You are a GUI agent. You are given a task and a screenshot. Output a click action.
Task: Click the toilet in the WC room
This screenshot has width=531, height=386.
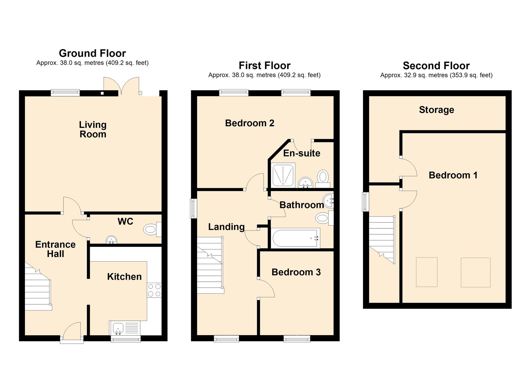pos(152,229)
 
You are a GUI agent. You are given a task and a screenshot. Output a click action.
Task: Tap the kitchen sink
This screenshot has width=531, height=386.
pos(118,328)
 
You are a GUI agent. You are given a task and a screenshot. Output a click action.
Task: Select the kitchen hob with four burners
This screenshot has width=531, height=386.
pos(154,290)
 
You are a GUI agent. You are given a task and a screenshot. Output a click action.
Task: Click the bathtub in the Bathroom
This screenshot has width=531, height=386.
pos(295,238)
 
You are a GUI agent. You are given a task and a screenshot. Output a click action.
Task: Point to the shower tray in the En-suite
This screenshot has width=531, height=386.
pos(283,175)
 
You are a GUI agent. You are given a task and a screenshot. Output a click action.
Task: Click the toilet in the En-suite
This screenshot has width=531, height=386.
pos(323,179)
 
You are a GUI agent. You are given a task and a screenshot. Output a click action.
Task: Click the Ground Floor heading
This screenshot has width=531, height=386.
pos(92,53)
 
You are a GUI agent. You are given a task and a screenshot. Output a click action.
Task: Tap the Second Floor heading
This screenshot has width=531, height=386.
pos(436,66)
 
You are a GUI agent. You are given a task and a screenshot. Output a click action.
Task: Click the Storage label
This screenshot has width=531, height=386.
pos(436,110)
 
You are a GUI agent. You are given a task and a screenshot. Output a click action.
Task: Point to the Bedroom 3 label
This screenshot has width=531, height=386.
pos(296,272)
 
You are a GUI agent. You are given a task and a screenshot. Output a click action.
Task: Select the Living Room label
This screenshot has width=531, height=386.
pos(93,129)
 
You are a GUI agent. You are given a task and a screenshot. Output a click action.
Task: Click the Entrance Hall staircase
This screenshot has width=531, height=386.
pos(38,287)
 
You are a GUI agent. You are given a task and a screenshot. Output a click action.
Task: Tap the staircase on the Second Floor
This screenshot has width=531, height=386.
pos(382,240)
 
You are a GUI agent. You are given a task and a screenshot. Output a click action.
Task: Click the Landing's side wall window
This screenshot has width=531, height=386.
pos(194,209)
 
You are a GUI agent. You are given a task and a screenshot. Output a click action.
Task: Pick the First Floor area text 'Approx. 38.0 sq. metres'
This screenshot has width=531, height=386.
pos(242,75)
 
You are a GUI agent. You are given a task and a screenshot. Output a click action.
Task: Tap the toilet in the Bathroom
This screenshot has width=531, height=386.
pos(324,218)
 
